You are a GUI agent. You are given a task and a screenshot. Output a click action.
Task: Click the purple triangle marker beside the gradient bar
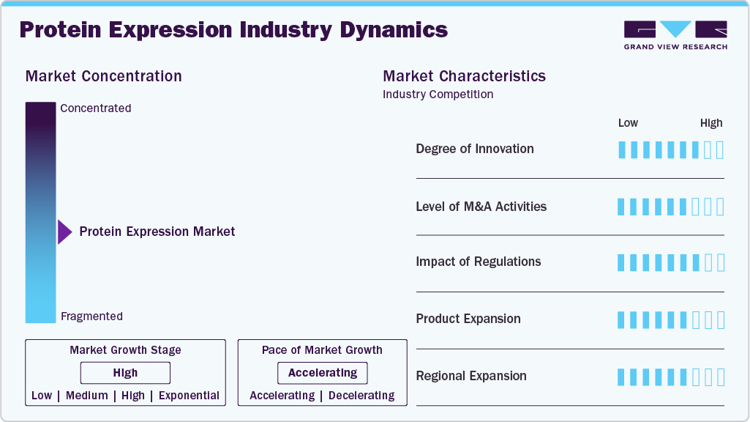coord(64,232)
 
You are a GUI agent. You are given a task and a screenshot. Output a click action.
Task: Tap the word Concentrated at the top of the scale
coord(96,108)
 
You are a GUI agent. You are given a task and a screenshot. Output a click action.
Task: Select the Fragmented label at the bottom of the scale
coord(92,316)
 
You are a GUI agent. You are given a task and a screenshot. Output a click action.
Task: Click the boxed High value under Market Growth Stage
coord(125,373)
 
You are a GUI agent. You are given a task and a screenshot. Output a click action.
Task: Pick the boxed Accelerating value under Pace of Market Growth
coord(323,373)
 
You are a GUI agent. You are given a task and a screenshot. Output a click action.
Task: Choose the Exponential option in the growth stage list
coord(189,396)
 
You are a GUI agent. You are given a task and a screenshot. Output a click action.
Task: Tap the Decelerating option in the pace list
coord(361,396)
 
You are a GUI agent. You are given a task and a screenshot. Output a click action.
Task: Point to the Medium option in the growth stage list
coord(87,396)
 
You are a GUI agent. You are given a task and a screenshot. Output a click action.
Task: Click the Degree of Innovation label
coord(474,149)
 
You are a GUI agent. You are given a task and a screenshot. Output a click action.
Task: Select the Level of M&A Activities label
coord(481,207)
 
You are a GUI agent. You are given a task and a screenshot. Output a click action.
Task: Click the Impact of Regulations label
coord(479,262)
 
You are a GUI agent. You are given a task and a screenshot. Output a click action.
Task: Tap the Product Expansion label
coord(468,319)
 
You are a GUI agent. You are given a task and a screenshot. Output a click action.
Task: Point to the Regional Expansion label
coord(471,376)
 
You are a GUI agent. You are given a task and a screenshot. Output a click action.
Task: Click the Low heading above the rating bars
coord(628,123)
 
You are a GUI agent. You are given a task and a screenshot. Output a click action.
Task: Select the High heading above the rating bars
coord(711,123)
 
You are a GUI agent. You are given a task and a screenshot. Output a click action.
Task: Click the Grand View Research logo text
coord(675,47)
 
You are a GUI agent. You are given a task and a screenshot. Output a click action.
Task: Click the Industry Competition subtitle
coord(438,95)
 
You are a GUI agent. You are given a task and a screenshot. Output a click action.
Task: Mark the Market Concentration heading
coord(103,76)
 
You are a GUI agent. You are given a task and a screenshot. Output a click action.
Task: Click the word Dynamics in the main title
coord(394,30)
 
